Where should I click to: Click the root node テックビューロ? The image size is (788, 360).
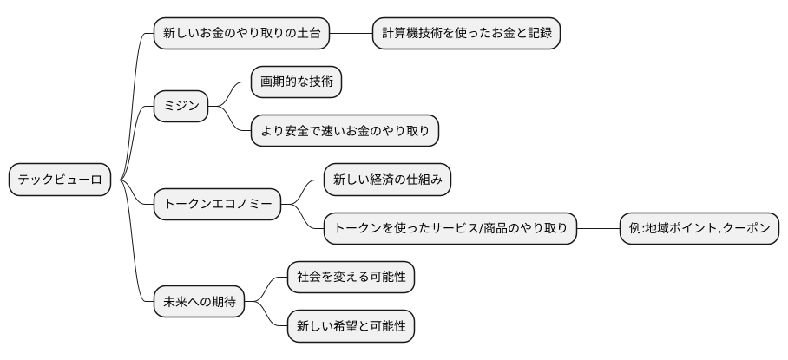59,180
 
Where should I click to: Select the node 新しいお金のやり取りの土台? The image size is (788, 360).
242,34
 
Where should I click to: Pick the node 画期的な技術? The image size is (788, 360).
295,83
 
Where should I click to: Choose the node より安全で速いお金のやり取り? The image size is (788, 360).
345,131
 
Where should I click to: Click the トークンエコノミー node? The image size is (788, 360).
218,205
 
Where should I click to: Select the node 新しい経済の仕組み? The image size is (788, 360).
387,180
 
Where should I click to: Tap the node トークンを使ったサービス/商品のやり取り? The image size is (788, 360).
450,229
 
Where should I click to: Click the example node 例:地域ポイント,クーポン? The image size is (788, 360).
699,229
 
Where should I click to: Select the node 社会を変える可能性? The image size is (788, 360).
351,278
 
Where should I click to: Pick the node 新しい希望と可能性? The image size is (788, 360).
351,326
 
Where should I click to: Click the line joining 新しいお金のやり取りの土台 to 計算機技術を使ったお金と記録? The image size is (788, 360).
351,34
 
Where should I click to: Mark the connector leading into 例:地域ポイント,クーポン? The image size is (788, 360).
597,229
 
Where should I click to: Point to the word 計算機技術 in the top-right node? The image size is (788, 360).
417,34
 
